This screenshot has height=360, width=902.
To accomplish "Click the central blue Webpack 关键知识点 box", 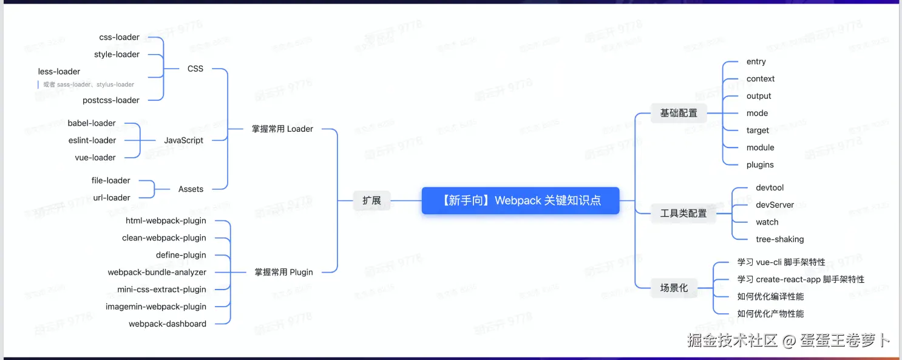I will click(520, 200).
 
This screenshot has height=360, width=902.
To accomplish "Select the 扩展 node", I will click(371, 200).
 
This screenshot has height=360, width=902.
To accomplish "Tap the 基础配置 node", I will click(679, 113).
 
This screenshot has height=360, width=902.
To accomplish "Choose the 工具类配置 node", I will click(683, 213).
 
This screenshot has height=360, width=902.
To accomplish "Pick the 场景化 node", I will click(674, 288).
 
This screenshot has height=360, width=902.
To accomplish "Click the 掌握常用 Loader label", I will click(282, 129).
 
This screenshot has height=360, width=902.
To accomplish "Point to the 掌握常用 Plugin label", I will click(283, 272).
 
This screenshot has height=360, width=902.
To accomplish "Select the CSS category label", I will click(195, 69).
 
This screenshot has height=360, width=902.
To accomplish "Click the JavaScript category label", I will click(183, 140).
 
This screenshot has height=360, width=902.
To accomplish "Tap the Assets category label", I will click(191, 189).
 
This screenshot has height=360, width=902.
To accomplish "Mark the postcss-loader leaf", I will click(111, 100).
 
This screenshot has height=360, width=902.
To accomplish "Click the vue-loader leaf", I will click(95, 157).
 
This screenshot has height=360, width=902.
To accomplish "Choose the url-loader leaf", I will click(112, 198).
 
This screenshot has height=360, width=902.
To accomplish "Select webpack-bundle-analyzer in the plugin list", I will click(157, 273).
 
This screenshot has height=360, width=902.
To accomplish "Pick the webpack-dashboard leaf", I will click(168, 324).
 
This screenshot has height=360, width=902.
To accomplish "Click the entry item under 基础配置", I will click(756, 61).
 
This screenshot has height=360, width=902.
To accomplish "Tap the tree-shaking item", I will click(779, 239).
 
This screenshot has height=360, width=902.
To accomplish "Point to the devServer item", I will click(775, 205).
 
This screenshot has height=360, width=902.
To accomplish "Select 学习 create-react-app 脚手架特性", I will click(801, 279).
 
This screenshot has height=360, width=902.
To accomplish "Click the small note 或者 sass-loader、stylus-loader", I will click(89, 84).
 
